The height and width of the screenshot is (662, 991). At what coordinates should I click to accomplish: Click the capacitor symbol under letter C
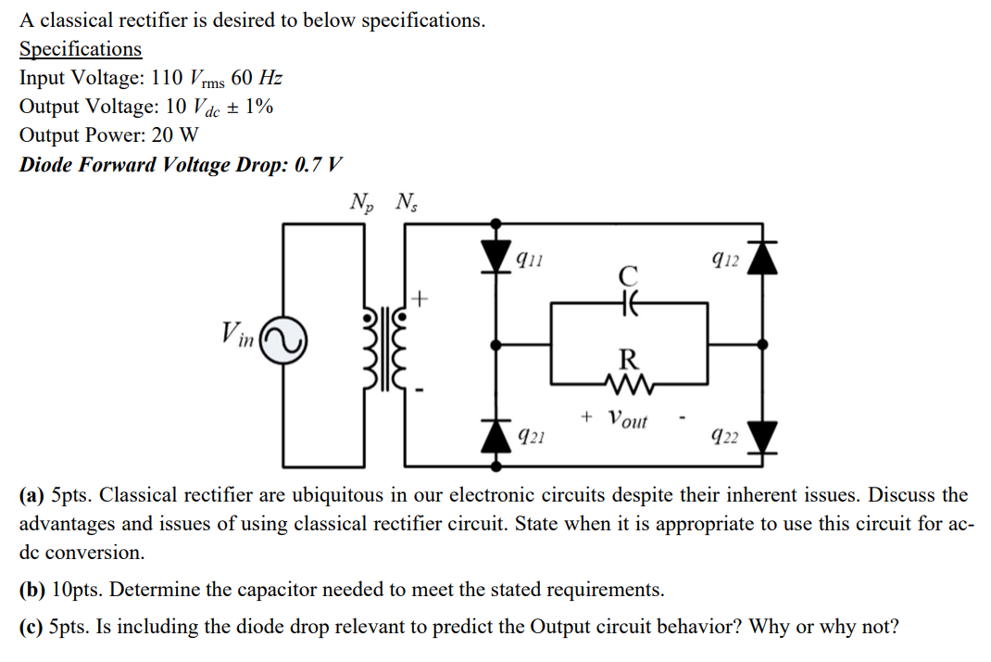tap(629, 302)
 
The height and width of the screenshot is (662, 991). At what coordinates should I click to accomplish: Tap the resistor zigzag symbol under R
tap(629, 381)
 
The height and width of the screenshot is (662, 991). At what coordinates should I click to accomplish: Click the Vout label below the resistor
tap(628, 419)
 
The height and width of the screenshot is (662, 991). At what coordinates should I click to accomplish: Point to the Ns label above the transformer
tap(406, 201)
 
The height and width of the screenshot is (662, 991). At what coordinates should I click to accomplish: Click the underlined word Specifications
tap(81, 49)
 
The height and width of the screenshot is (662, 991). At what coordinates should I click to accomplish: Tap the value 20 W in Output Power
tap(175, 135)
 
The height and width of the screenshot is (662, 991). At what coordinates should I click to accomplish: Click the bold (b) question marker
tap(33, 590)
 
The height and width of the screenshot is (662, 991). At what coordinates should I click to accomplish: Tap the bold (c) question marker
tap(32, 627)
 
